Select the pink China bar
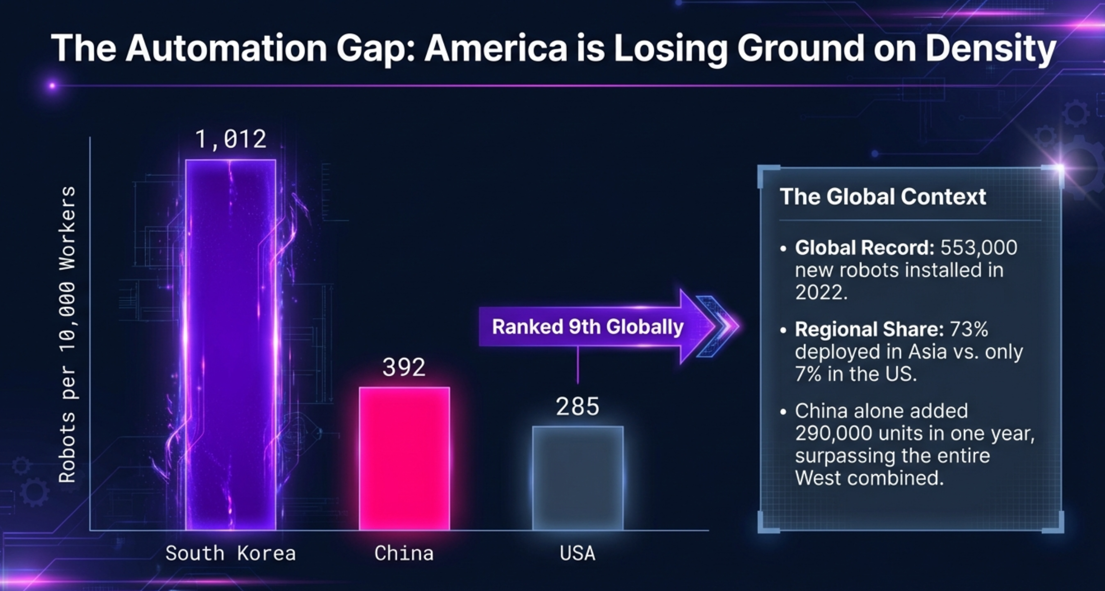pos(404,458)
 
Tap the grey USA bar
pos(577,478)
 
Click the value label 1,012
pos(231,139)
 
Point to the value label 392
pos(404,368)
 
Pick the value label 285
pos(577,406)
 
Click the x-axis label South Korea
pos(231,554)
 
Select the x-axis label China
pos(404,554)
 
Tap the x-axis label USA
pos(577,554)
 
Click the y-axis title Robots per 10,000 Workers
pos(67,334)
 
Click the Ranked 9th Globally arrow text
pos(587,327)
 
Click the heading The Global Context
pos(883,197)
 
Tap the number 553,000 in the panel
pos(979,248)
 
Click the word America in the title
pos(495,48)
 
